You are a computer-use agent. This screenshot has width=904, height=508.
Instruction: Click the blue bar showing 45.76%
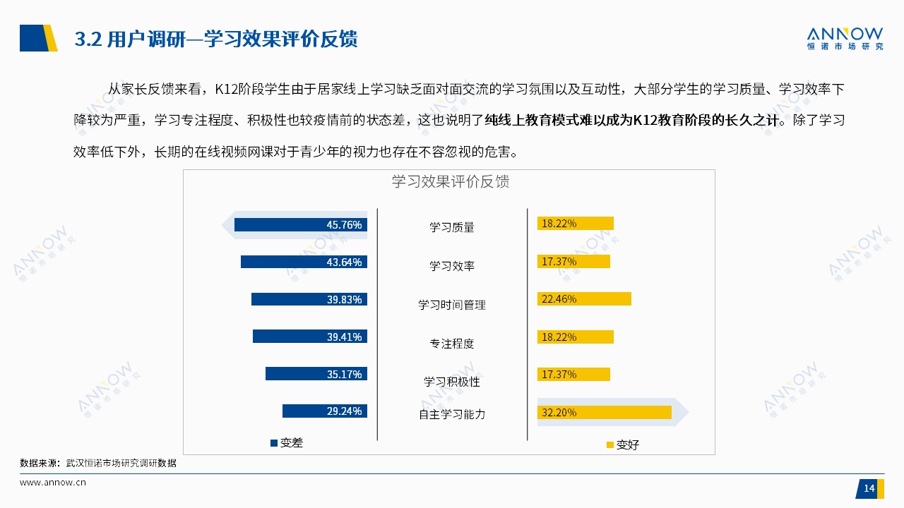[301, 224]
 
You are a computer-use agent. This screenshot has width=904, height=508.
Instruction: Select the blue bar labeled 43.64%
[304, 262]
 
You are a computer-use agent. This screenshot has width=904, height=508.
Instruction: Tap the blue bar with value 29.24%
[325, 411]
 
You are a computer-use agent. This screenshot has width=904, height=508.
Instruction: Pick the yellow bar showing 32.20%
[604, 413]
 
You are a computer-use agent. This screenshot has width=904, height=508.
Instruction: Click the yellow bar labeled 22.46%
[584, 298]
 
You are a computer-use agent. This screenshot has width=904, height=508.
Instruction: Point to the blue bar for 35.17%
[316, 374]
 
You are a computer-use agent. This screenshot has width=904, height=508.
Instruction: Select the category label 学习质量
[451, 227]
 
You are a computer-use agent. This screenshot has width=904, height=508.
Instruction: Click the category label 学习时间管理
[451, 305]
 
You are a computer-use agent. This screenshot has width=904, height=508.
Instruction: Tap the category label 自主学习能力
[451, 414]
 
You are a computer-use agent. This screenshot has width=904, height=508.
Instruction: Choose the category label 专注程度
[451, 344]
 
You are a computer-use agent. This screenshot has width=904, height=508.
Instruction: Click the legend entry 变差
[287, 442]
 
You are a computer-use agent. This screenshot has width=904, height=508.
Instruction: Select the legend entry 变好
[623, 445]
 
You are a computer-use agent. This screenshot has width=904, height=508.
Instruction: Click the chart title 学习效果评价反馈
[451, 181]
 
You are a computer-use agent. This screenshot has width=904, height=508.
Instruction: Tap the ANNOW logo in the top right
[845, 39]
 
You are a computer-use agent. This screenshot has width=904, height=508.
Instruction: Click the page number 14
[869, 489]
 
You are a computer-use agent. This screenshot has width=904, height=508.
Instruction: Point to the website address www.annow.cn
[53, 483]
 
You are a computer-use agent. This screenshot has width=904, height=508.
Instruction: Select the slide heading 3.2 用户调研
[130, 39]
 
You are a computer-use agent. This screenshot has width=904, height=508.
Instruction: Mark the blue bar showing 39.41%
[310, 337]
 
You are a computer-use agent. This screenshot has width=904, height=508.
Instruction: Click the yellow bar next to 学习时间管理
[584, 298]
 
